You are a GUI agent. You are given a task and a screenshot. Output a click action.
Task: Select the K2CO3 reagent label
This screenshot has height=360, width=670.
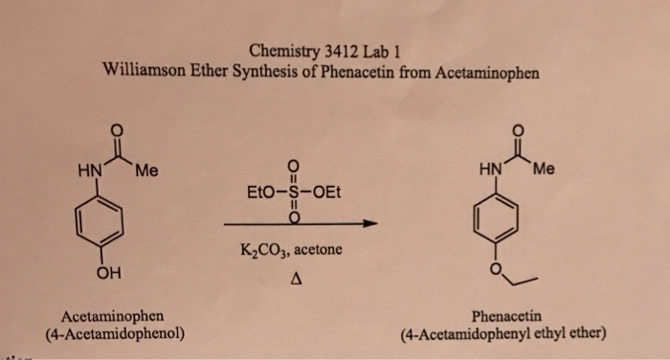(x=265, y=251)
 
